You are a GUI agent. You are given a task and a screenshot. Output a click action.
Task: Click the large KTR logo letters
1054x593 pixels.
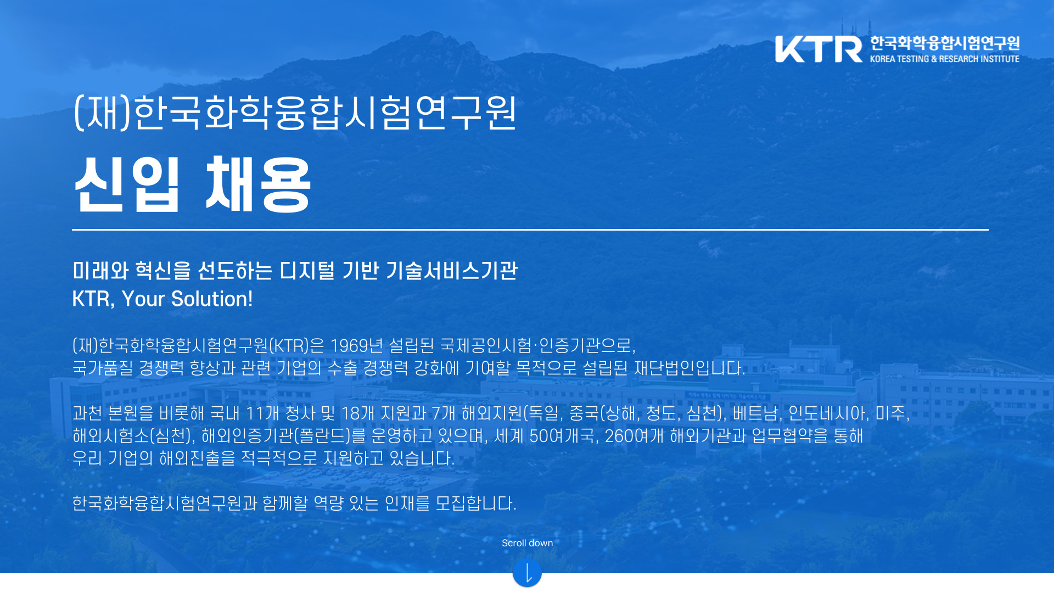818,49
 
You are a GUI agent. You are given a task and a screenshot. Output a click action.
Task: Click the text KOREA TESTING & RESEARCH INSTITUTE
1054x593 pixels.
944,59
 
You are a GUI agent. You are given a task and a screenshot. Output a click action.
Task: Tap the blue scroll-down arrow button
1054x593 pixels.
527,573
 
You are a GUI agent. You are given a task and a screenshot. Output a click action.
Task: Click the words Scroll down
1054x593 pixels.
527,543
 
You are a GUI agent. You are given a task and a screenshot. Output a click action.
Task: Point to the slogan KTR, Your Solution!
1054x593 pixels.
162,299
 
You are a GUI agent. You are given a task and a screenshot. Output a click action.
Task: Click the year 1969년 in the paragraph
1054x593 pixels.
356,345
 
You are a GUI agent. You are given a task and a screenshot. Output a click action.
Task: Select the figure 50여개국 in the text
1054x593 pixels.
563,435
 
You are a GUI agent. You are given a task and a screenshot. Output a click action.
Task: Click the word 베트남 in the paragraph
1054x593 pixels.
756,413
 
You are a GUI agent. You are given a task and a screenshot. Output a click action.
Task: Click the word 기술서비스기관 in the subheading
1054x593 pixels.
452,270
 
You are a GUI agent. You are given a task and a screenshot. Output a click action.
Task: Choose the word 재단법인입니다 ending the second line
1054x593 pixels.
689,368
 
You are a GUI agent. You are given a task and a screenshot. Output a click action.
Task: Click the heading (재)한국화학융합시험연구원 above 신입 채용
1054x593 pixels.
295,112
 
